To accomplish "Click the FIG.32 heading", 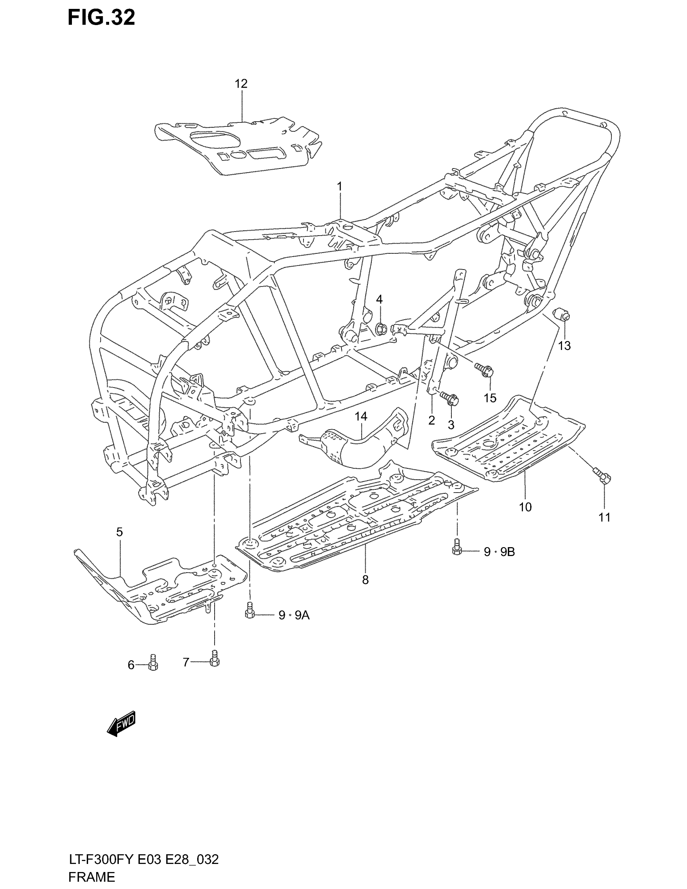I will pyautogui.click(x=101, y=18).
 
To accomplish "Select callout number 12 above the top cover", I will pyautogui.click(x=241, y=84).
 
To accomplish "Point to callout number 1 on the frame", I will pyautogui.click(x=339, y=187).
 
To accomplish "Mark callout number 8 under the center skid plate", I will pyautogui.click(x=365, y=580).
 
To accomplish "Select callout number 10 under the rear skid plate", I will pyautogui.click(x=525, y=507).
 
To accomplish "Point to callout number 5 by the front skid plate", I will pyautogui.click(x=119, y=532).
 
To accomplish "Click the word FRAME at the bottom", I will pyautogui.click(x=92, y=876).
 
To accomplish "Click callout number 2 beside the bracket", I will pyautogui.click(x=432, y=421).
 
